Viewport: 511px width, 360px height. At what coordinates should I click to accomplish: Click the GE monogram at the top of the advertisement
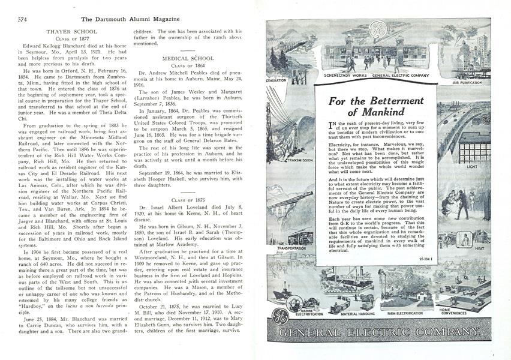coord(377,29)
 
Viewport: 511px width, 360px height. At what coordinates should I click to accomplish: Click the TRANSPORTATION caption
coord(291,247)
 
